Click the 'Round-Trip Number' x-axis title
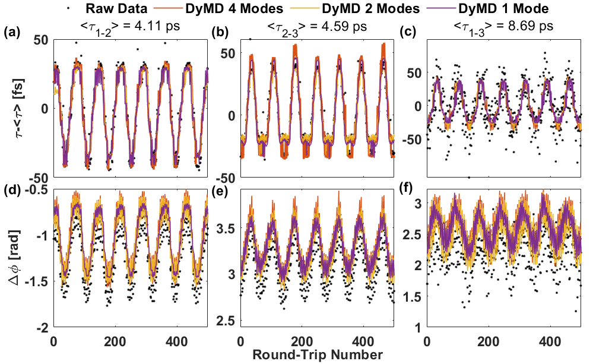316,356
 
